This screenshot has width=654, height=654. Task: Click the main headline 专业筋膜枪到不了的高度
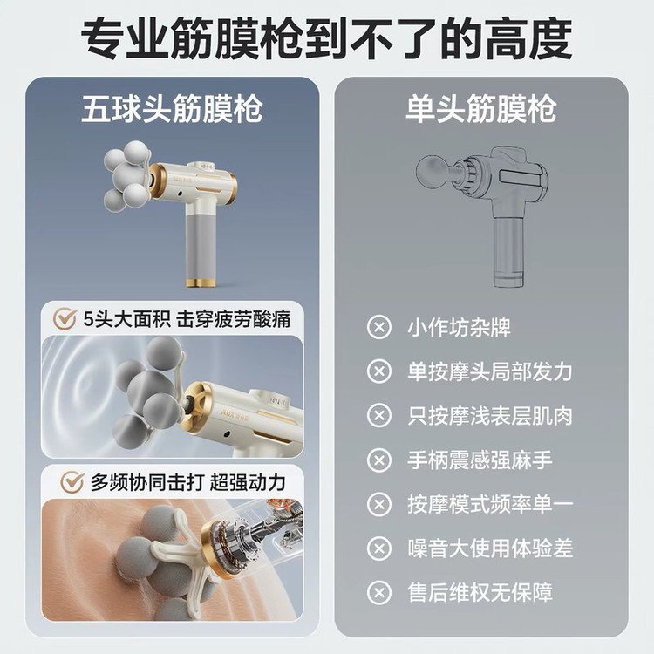click(x=327, y=39)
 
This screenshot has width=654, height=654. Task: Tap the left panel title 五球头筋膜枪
click(x=172, y=109)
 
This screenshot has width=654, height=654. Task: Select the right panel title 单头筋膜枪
click(x=480, y=109)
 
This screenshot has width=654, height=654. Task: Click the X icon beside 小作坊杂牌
click(x=379, y=327)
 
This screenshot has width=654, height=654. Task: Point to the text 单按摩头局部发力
click(x=490, y=371)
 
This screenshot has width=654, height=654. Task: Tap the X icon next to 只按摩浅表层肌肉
click(x=379, y=416)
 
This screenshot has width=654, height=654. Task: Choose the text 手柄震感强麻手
click(x=480, y=460)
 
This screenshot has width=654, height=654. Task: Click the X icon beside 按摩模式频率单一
click(x=379, y=504)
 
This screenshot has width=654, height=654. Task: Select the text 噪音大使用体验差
click(x=490, y=548)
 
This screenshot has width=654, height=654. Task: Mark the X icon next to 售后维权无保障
click(x=379, y=592)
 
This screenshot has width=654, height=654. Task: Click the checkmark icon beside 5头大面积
click(x=65, y=319)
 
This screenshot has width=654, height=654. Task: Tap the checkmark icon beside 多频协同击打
click(x=72, y=482)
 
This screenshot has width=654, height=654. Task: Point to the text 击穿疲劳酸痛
click(x=234, y=319)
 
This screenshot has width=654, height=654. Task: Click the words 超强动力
click(x=248, y=482)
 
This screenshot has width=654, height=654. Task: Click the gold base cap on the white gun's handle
click(x=201, y=282)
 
